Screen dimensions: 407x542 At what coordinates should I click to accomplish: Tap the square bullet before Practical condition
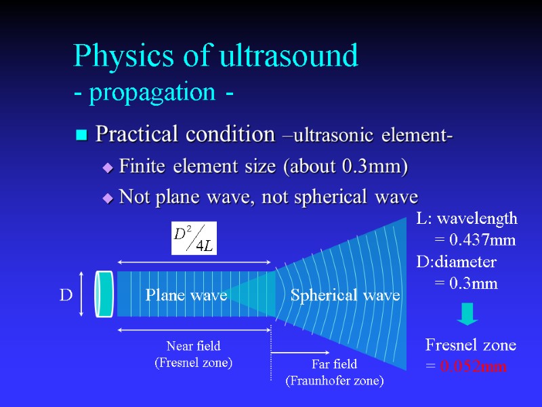click(x=82, y=136)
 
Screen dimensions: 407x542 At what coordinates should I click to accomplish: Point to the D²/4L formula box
click(x=194, y=238)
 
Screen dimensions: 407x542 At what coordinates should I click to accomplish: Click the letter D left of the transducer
click(x=66, y=295)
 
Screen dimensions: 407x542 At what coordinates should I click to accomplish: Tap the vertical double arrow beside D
click(x=81, y=294)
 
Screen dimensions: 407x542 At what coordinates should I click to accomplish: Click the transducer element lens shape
click(x=104, y=294)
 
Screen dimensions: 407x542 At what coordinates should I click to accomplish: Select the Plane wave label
click(x=186, y=295)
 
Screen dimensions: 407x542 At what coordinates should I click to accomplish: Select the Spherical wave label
click(x=345, y=295)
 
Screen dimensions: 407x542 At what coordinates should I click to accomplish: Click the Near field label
click(x=194, y=347)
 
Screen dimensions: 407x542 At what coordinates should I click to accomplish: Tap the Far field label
click(x=334, y=366)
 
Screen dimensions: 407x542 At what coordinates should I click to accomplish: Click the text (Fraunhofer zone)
click(x=334, y=381)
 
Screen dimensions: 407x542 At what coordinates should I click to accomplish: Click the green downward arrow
click(x=467, y=313)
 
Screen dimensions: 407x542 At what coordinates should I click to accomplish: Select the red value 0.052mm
click(x=473, y=367)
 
